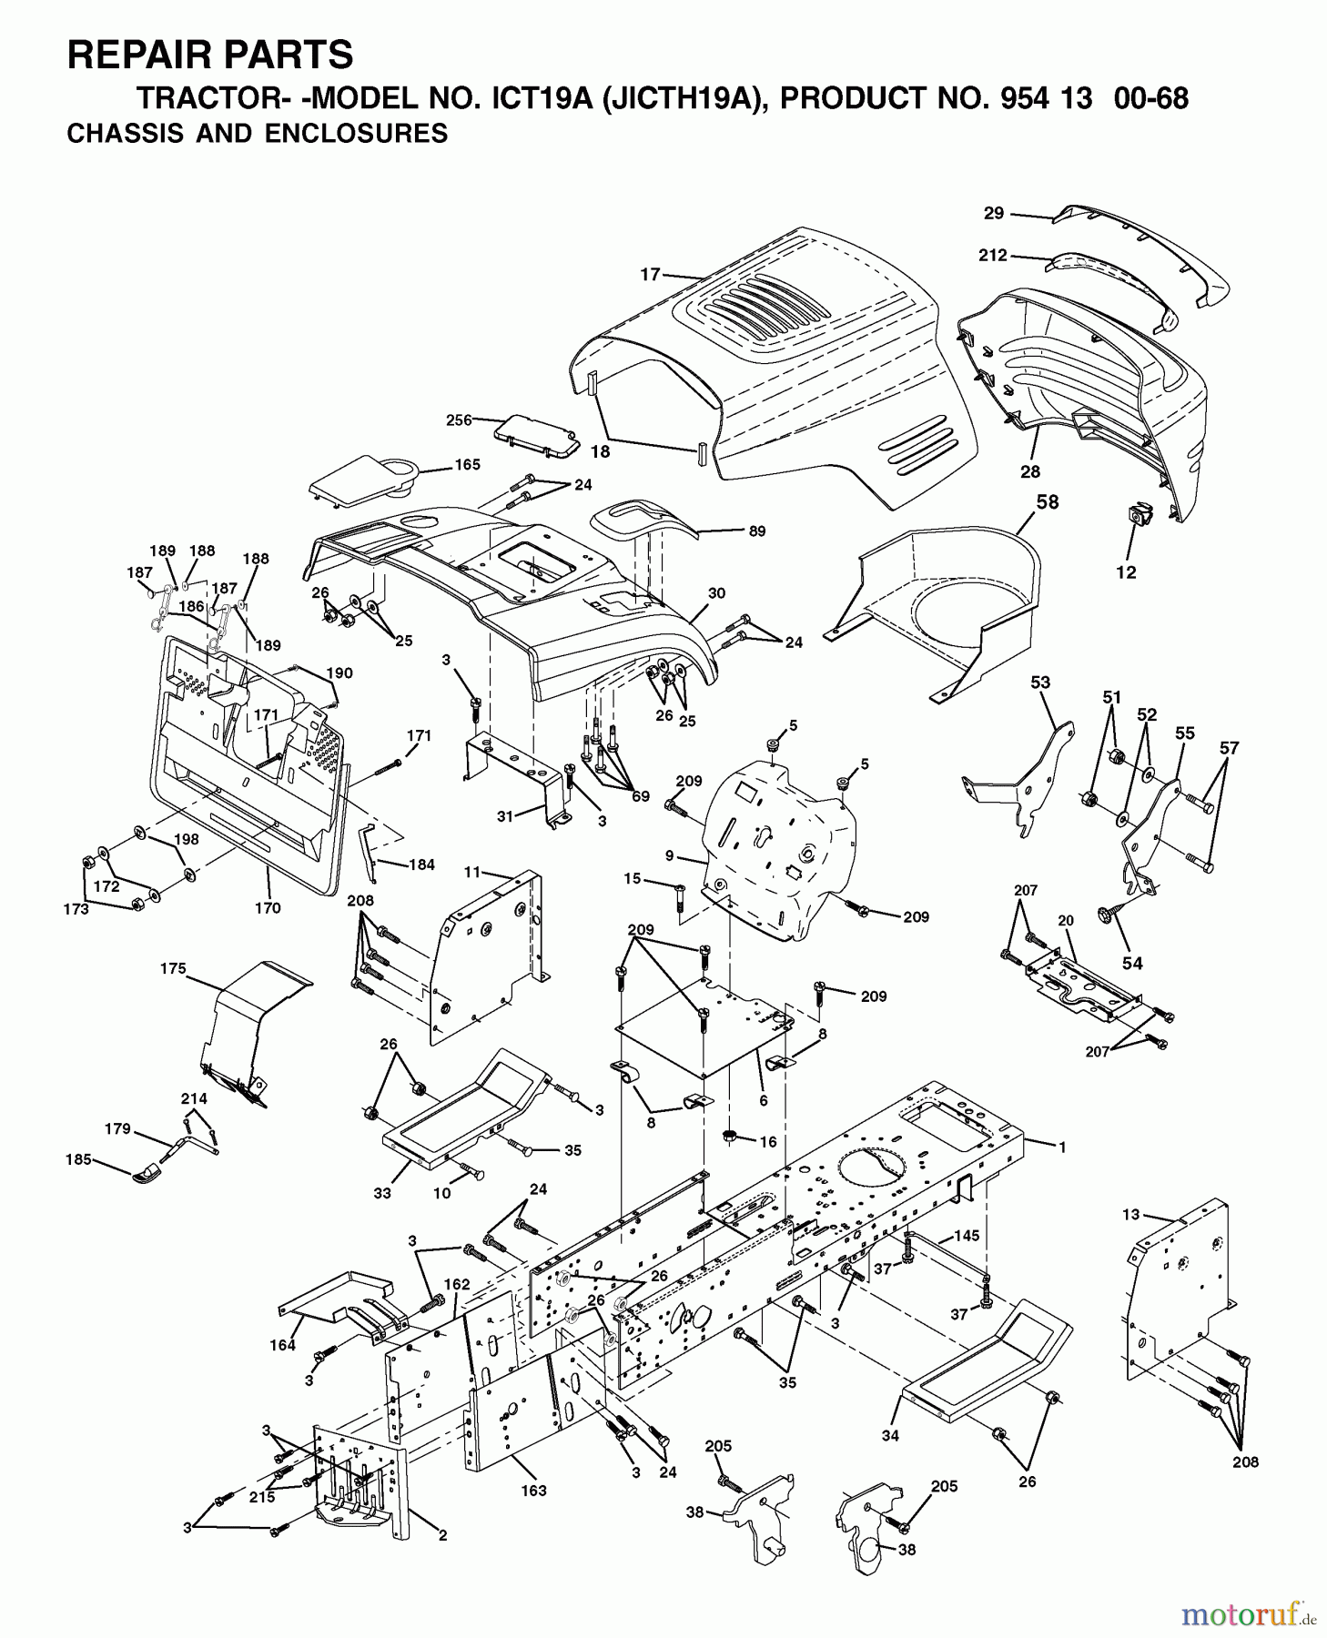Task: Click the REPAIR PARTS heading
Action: point(210,55)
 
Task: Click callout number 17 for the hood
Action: point(650,273)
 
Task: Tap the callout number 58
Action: point(1048,502)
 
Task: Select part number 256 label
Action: point(459,420)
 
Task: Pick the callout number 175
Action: point(173,969)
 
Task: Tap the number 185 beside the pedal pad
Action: point(79,1159)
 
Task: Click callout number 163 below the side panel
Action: point(533,1490)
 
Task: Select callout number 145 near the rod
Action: point(967,1237)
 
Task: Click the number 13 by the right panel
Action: point(1130,1214)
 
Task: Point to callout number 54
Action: point(1131,964)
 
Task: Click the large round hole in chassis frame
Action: point(874,1168)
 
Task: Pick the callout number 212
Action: point(992,256)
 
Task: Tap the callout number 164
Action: point(282,1345)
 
